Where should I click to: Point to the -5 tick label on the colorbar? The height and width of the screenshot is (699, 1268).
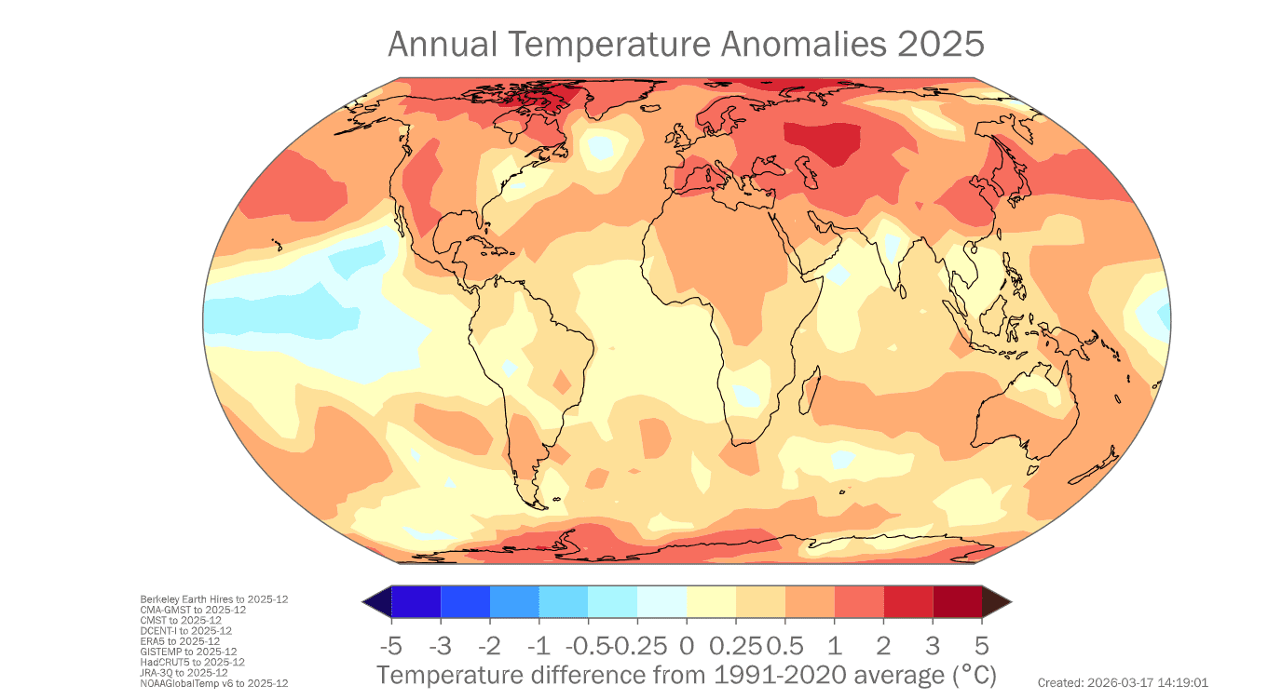click(x=391, y=645)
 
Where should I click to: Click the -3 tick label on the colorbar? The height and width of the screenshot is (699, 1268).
click(x=441, y=645)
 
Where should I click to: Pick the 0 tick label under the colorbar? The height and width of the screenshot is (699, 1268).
click(x=687, y=645)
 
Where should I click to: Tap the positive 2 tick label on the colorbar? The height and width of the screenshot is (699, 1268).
click(x=883, y=645)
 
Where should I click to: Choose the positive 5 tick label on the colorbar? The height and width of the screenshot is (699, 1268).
click(x=981, y=645)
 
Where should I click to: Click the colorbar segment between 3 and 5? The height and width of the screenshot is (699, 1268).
click(x=957, y=602)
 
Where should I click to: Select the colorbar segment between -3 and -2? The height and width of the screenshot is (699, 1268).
click(x=465, y=602)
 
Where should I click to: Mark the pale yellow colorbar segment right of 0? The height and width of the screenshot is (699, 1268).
click(x=711, y=602)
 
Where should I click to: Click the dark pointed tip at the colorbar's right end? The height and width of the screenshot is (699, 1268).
click(x=995, y=602)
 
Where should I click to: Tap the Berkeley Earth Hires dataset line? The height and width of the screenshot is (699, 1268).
click(x=213, y=599)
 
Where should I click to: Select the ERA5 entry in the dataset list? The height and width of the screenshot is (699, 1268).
click(x=180, y=641)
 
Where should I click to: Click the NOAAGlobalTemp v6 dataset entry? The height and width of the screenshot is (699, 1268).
click(x=213, y=683)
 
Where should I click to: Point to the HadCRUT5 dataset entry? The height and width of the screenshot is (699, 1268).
click(x=192, y=662)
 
